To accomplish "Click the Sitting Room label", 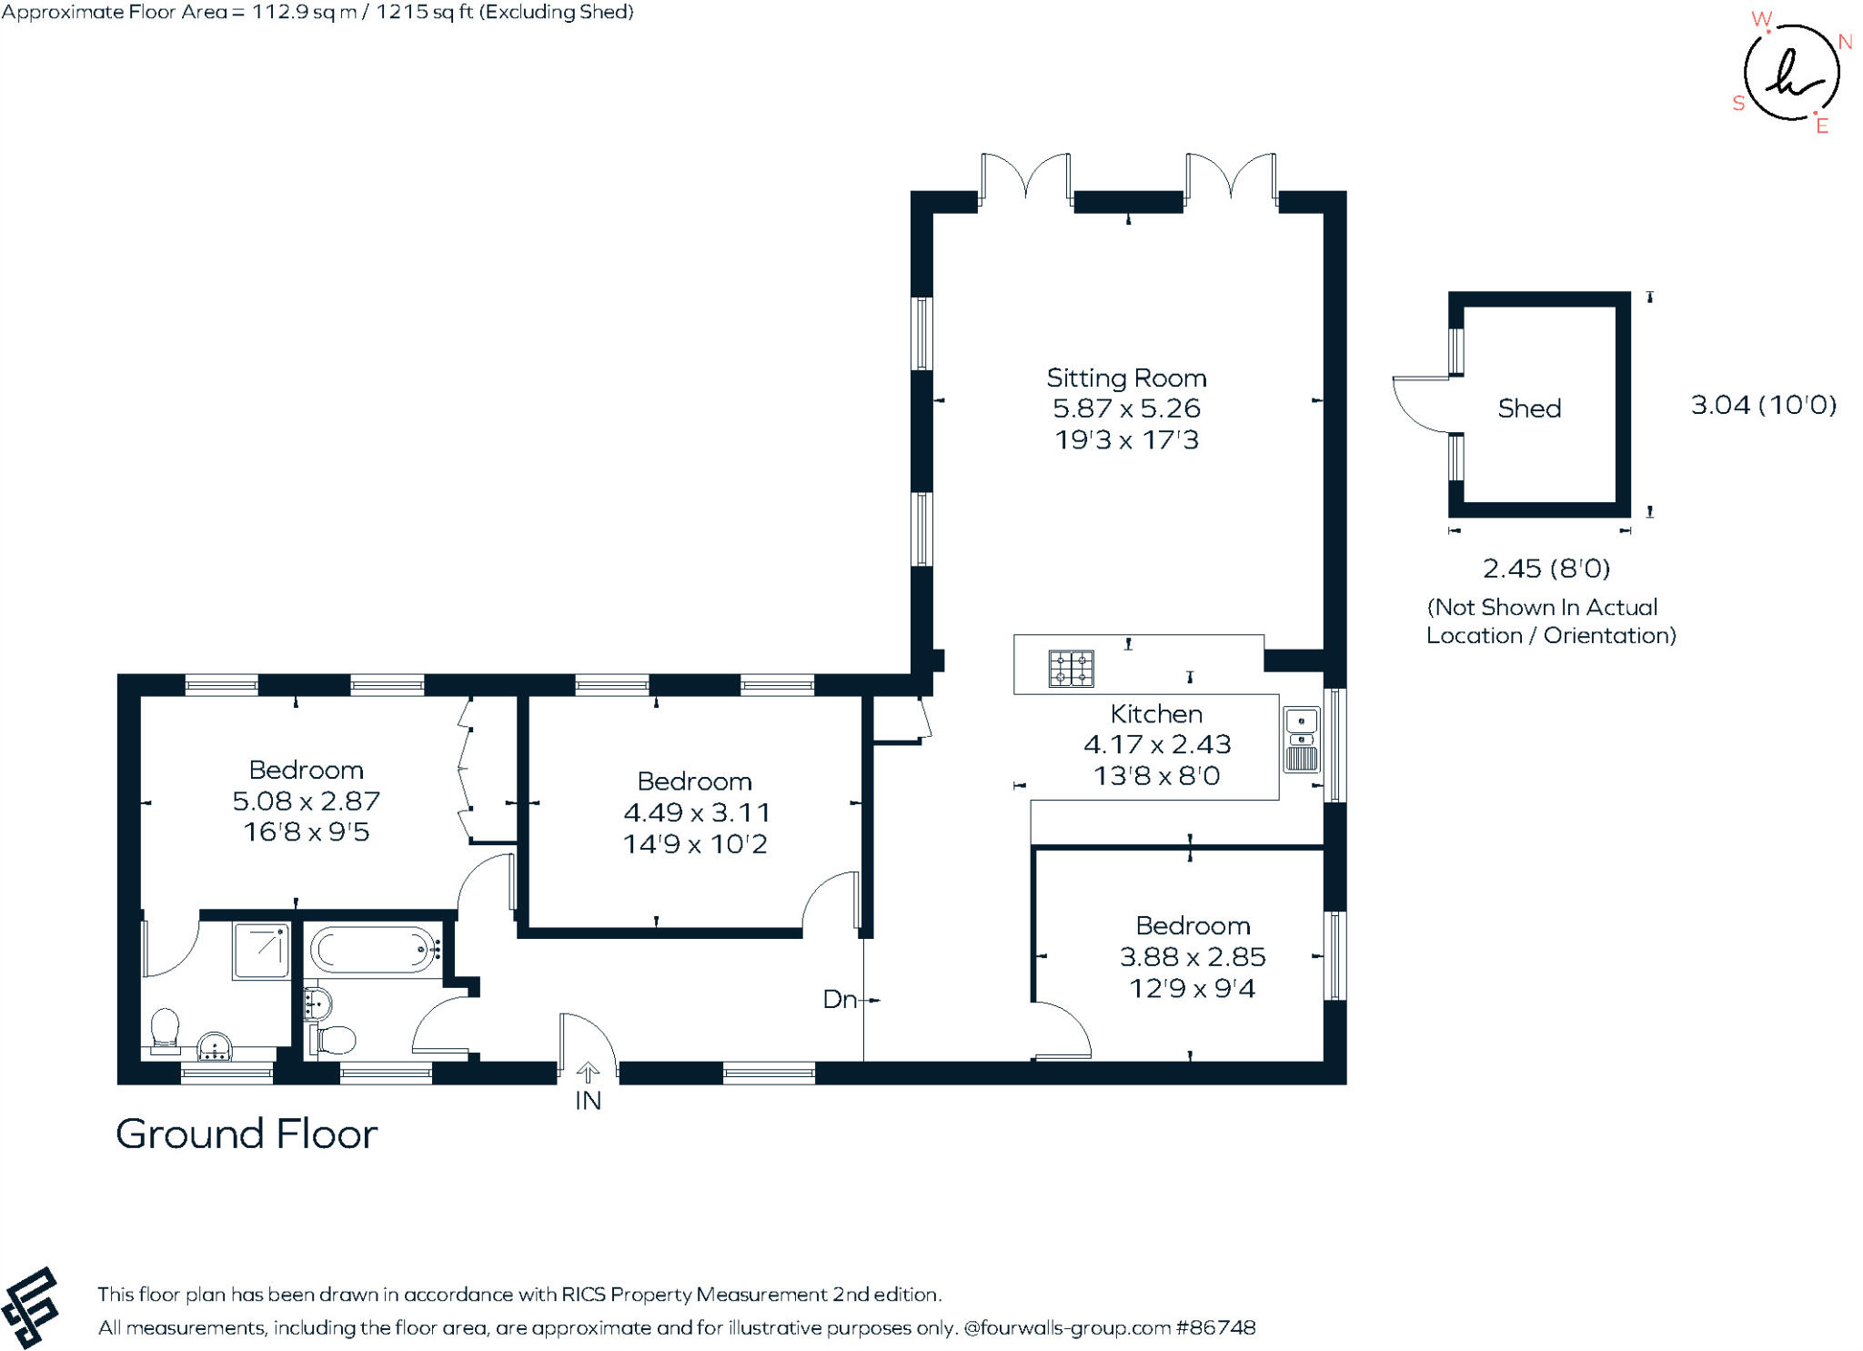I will coord(1126,378).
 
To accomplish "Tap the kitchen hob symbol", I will coord(1071,669).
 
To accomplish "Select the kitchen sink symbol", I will coord(1301,740).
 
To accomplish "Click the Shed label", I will coord(1529,408).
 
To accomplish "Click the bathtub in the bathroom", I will coord(374,950).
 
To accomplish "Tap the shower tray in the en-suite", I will coord(262,951).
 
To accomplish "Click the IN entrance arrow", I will coord(588,1074).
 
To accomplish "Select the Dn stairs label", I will coord(839,1000).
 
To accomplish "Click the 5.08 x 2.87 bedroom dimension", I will coord(306,802).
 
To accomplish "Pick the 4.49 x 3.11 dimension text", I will coord(696,812).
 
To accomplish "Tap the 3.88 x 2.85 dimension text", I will coord(1192,957).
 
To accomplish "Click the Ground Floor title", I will coord(247,1134).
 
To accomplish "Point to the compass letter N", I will coord(1845,42).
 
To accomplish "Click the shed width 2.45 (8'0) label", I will coord(1546,569).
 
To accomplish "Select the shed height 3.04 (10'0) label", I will coord(1763,405).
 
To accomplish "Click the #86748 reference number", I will coord(1215,1327).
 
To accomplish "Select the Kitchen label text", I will coord(1156,714).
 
